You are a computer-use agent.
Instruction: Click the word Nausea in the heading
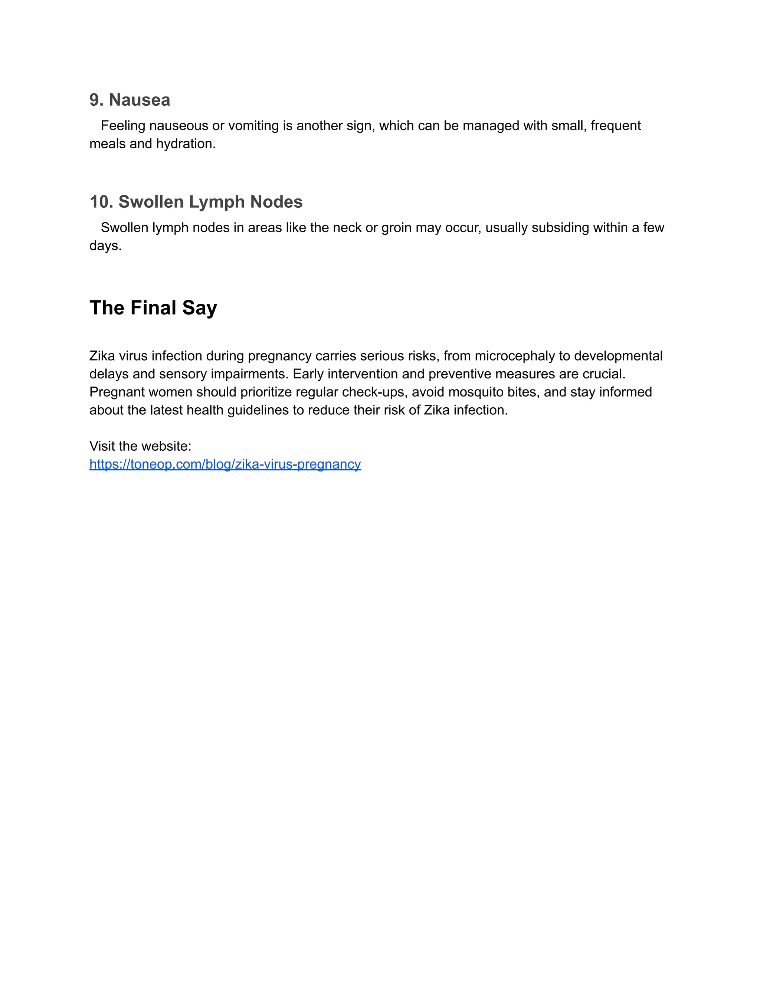point(140,100)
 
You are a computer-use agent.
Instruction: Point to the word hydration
point(186,144)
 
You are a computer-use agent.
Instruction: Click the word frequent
point(616,126)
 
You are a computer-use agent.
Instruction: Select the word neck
point(347,228)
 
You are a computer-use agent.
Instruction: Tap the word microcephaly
point(515,356)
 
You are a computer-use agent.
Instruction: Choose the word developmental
point(618,356)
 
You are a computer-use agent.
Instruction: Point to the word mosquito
point(475,392)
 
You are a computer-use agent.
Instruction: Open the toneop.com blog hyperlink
point(225,464)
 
